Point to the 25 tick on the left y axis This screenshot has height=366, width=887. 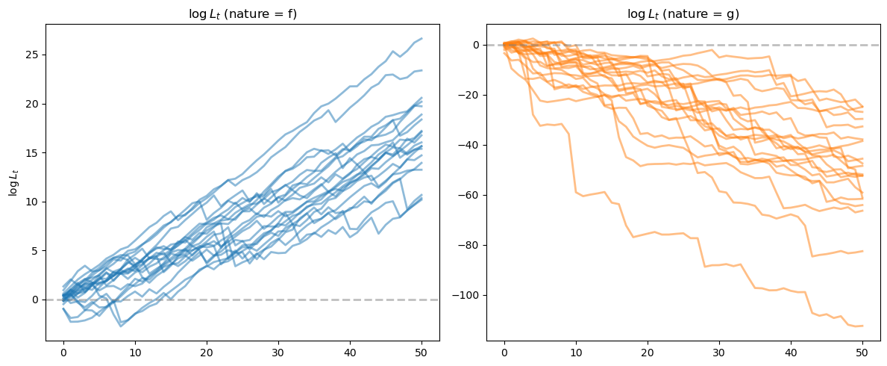click(34, 55)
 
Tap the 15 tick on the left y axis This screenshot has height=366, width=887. click(34, 152)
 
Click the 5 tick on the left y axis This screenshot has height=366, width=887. click(37, 250)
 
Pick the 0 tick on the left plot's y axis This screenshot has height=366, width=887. click(37, 300)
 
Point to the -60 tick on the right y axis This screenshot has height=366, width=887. click(473, 195)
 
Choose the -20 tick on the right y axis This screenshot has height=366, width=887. click(473, 95)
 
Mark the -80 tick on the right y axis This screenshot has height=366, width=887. click(473, 245)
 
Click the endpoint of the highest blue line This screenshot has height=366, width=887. click(421, 38)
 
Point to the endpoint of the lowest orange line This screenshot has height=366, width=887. click(862, 326)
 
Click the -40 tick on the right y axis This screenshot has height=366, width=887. click(473, 145)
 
